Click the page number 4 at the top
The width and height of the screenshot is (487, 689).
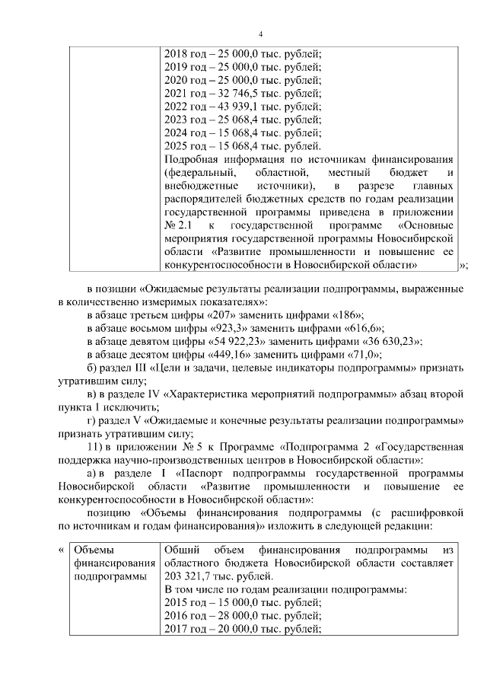pos(261,34)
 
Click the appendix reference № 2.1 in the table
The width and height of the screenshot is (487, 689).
pos(177,226)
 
